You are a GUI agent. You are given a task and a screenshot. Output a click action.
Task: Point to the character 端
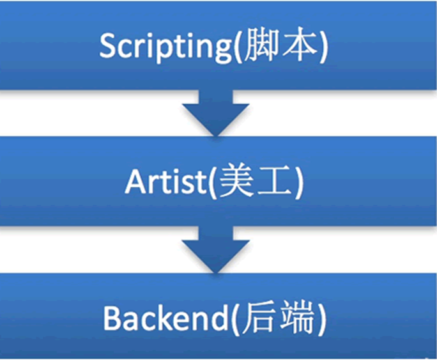click(303, 320)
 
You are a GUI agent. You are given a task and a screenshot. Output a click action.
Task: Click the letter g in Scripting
click(224, 51)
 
